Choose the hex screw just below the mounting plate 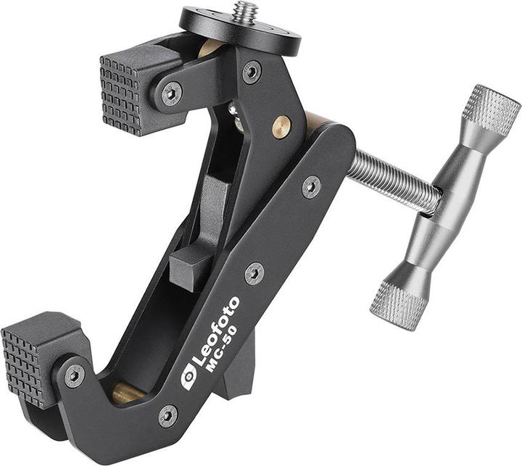(252, 71)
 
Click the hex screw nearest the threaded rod (312, 186)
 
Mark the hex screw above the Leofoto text (254, 273)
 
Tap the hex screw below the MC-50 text (167, 416)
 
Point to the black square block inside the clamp (187, 265)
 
